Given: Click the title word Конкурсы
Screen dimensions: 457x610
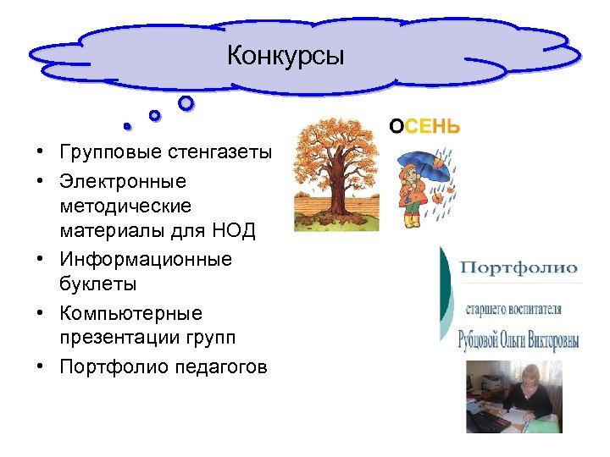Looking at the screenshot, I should click(286, 57).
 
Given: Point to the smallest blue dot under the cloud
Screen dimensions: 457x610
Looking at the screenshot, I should click(126, 127).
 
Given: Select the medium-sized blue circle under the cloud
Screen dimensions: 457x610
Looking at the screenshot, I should click(154, 115).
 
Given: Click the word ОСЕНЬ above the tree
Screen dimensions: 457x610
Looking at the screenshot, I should click(424, 127).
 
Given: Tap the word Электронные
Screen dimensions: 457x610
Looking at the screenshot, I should click(123, 181).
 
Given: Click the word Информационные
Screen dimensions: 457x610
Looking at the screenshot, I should click(145, 258).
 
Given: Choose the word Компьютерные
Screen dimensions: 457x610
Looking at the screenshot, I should click(131, 313).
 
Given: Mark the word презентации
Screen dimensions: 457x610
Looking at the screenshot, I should click(114, 338).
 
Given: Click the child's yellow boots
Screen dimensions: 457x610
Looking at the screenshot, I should click(412, 222).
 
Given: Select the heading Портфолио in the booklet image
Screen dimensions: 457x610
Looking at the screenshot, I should click(518, 269).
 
